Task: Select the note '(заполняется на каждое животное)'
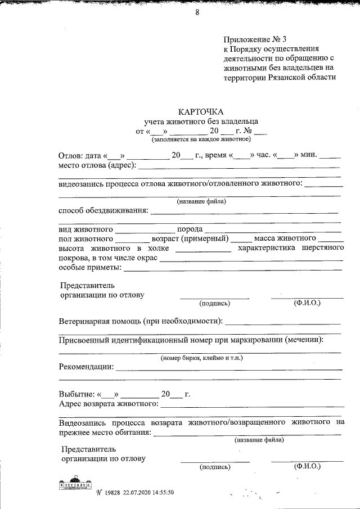coord(201,138)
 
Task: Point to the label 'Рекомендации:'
coord(85,367)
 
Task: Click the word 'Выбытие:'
coord(76,394)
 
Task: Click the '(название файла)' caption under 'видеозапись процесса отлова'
coord(201,201)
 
